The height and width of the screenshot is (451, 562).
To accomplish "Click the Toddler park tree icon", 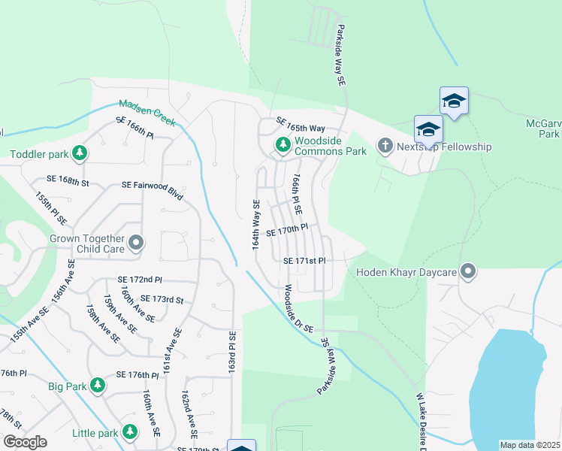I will (80, 154).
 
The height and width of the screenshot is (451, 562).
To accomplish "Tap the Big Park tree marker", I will (98, 386).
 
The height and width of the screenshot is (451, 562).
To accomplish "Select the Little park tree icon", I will (130, 431).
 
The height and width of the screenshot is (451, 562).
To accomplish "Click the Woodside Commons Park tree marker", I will (283, 144).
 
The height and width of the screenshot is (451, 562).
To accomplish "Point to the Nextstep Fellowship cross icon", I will (385, 146).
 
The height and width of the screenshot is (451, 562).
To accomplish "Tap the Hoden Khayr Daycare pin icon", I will (469, 271).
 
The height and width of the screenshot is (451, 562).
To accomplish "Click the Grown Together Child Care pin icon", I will (136, 242).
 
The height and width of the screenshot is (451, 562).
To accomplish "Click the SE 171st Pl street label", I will (304, 261).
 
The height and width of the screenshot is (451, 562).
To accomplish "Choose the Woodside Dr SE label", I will (298, 309).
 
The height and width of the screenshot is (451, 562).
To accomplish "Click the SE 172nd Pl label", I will (140, 280).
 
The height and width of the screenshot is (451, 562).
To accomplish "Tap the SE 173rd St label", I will (162, 299).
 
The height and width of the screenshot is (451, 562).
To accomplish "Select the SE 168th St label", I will (68, 181).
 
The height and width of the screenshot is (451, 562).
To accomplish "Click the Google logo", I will (24, 441).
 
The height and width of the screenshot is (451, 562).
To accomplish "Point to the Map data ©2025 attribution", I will (530, 445).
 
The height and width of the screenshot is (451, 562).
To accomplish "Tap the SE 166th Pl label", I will (134, 127).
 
